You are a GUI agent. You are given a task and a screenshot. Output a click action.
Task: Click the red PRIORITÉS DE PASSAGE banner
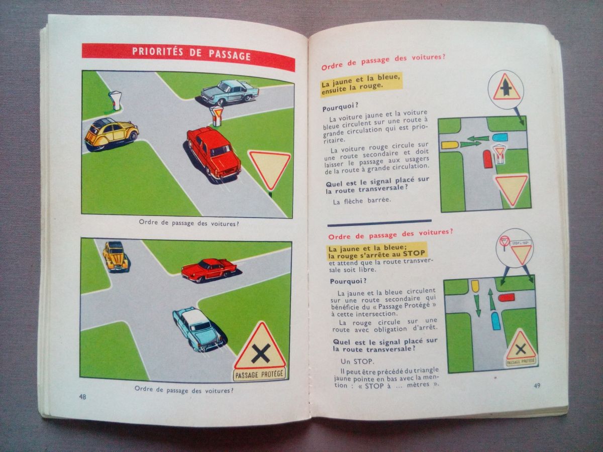coord(188,57)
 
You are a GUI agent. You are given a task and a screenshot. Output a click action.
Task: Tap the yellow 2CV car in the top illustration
coord(111,135)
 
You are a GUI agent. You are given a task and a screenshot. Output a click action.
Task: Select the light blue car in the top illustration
coord(229,92)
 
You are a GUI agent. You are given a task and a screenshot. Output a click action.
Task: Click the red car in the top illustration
coord(213,152)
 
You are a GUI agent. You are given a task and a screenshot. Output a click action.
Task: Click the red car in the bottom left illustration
coord(209,270)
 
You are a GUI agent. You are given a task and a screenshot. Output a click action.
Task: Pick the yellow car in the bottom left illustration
coord(116,256)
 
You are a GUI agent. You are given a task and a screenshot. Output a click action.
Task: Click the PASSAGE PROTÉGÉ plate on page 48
coord(259,374)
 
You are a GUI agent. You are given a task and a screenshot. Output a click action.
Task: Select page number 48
coord(83,397)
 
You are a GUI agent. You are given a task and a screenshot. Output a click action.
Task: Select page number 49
coord(537,385)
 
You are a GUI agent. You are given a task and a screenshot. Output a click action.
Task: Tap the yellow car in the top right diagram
coord(450,145)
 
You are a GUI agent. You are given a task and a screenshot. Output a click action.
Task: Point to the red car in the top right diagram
coord(487,159)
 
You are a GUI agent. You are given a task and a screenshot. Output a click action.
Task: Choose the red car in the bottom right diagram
coord(506,297)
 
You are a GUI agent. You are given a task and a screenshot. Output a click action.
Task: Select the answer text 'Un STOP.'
coord(357,362)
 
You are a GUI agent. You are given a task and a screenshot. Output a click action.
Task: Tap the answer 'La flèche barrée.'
coord(362,200)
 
